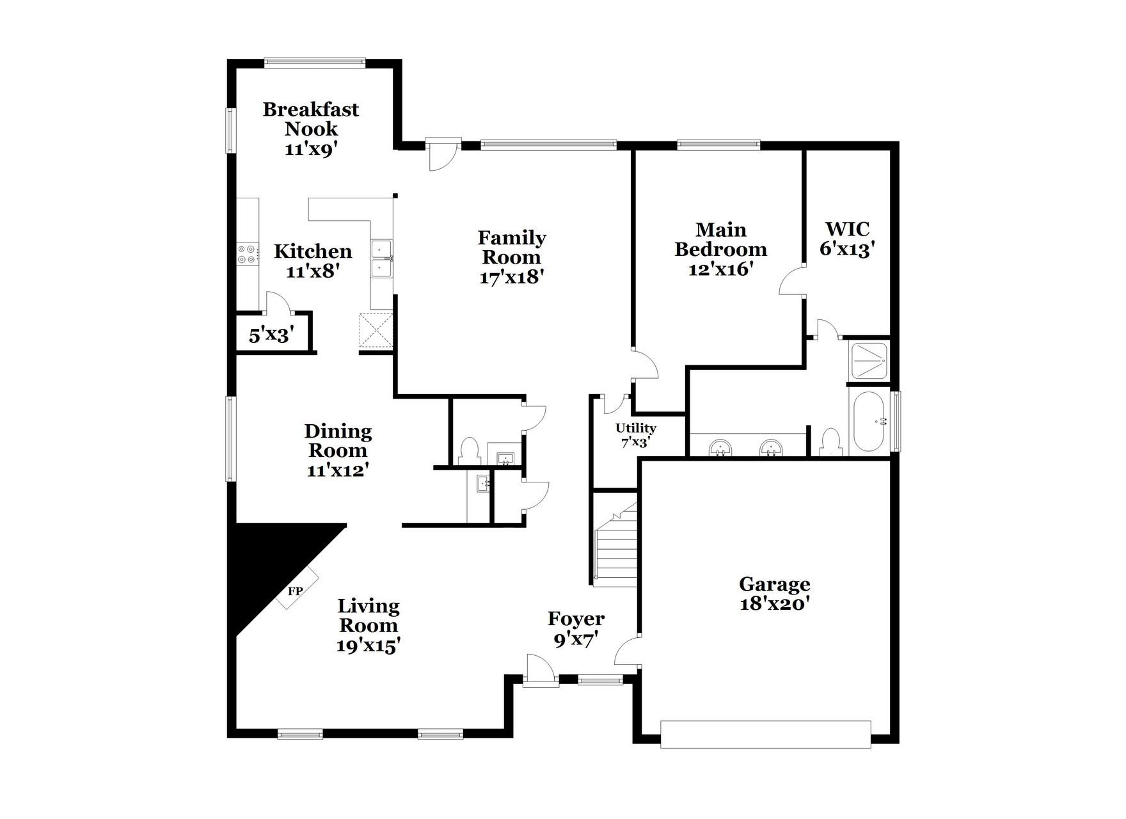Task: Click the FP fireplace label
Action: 294,591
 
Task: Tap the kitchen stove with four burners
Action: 248,254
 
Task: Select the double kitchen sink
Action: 382,258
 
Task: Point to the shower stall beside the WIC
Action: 868,361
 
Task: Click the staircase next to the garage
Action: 616,545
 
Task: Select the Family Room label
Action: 512,247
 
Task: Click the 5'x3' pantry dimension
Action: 271,335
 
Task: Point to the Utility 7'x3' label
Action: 636,434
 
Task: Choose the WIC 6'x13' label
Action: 847,239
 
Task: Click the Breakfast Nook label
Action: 311,119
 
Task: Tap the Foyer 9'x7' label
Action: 576,629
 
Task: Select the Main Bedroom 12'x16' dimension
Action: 720,269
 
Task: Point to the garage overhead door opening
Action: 765,734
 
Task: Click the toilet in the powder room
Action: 469,450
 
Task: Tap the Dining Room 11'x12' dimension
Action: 338,470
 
